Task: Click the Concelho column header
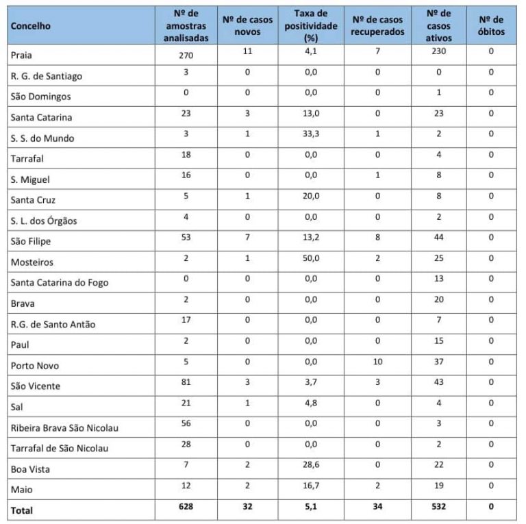click(x=31, y=26)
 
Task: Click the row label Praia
click(x=22, y=55)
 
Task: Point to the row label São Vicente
click(x=36, y=386)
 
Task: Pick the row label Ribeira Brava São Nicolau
click(x=64, y=428)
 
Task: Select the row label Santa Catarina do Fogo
click(x=60, y=282)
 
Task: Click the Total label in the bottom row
click(x=21, y=510)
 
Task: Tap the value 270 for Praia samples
click(x=186, y=55)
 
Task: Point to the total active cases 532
click(x=439, y=508)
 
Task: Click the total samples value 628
click(x=186, y=508)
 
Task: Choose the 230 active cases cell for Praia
click(x=439, y=52)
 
